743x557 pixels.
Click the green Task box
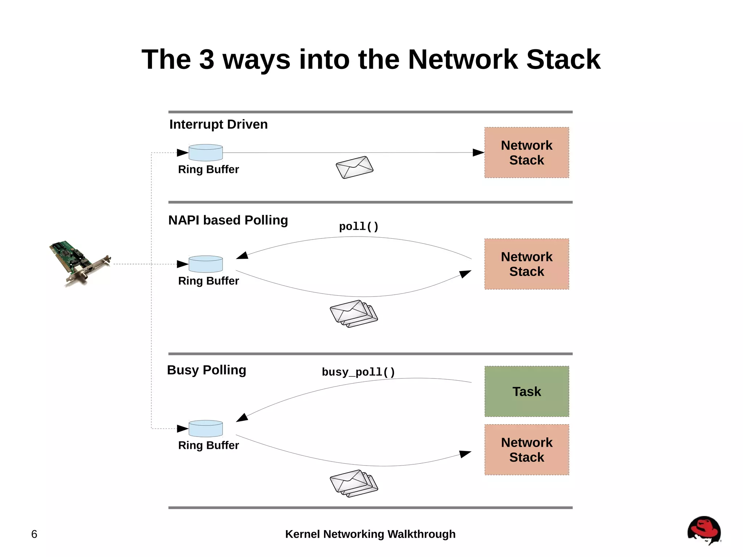pos(526,391)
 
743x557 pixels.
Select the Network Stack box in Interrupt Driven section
pos(526,152)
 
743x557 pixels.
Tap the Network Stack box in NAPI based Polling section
pos(526,264)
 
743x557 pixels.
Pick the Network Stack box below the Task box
pos(526,450)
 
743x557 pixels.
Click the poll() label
pos(359,226)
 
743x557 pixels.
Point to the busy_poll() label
pos(358,372)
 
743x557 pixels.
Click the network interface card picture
pos(80,263)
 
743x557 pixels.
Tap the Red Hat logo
pos(704,530)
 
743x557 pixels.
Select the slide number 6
pos(34,534)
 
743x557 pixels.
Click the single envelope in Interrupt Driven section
pos(354,167)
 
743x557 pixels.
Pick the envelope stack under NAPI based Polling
pos(354,314)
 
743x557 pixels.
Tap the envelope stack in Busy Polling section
pos(354,483)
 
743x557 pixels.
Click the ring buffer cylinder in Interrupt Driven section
pos(206,153)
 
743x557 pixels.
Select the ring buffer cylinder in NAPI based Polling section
pos(206,264)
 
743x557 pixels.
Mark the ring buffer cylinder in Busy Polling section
pos(206,429)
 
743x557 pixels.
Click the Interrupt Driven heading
pos(218,124)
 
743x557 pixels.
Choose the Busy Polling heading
pos(206,370)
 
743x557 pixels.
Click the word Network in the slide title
pos(463,59)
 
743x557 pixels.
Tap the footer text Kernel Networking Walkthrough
pos(370,534)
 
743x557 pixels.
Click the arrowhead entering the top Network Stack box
pos(478,153)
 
